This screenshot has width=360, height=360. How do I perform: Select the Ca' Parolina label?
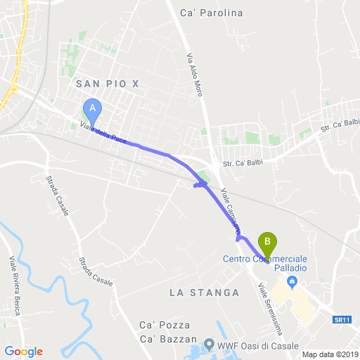click(x=211, y=13)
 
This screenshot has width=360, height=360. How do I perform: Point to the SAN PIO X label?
click(x=108, y=84)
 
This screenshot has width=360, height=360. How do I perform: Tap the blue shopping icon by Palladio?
click(x=292, y=282)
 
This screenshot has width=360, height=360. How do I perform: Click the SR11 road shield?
click(x=342, y=319)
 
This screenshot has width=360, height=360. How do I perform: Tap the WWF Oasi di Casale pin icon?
click(x=209, y=344)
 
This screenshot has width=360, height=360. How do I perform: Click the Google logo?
click(x=23, y=351)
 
